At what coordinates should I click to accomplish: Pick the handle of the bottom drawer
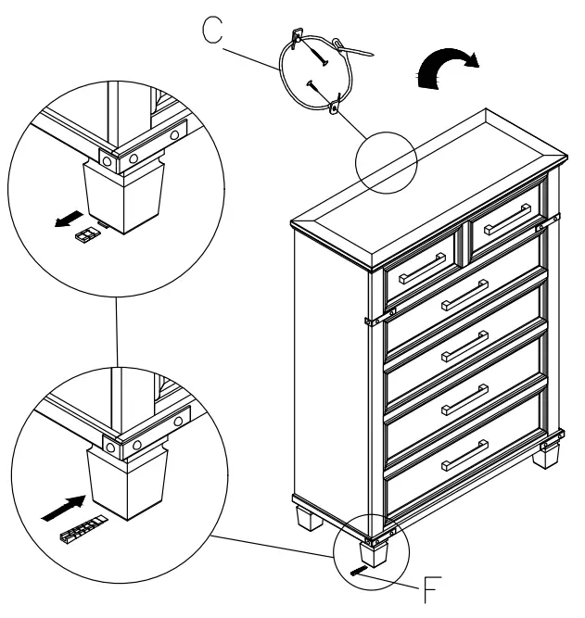(465, 455)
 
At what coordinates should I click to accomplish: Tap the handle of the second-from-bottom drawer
(465, 403)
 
